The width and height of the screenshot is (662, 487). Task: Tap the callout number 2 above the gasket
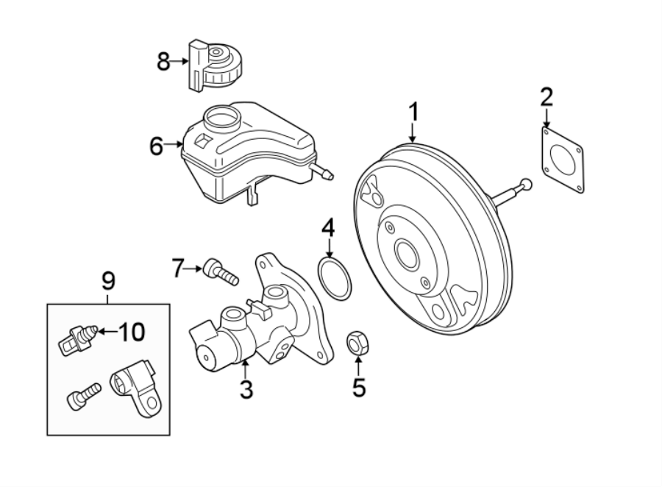546,96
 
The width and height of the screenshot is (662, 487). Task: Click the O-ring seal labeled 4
335,280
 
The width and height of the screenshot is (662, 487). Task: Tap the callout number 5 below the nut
358,387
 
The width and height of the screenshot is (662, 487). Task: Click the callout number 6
156,146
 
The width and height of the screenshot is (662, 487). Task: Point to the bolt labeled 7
221,272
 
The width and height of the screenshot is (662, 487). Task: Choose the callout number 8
163,63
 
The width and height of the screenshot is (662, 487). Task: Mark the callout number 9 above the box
107,280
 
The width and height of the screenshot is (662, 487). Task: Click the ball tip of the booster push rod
525,185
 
